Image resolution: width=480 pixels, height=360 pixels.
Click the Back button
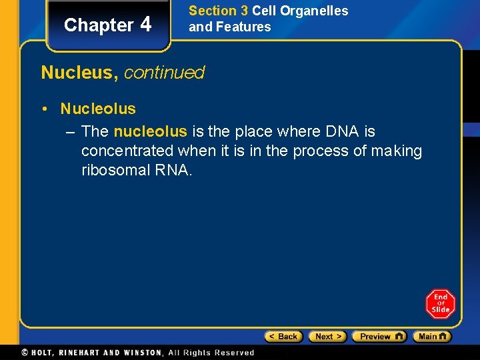coord(284,337)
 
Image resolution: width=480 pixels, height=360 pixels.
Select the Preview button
coord(379,337)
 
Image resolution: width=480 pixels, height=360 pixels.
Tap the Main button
coord(431,337)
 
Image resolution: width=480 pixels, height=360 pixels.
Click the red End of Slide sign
coord(440,304)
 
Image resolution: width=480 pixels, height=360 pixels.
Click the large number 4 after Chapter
coord(146,24)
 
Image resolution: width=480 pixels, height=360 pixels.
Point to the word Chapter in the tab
coord(99,25)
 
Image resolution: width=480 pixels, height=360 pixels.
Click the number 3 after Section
coord(243,11)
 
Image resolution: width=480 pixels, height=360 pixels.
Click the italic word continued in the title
coord(164,73)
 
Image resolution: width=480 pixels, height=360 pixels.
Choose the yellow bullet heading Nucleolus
coord(98,109)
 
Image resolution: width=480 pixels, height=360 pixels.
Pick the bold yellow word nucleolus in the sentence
coord(151,132)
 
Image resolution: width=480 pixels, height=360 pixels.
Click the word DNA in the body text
coord(343,132)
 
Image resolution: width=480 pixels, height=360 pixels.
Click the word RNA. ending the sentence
coord(173,170)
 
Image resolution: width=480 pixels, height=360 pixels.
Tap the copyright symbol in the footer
coord(25,353)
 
